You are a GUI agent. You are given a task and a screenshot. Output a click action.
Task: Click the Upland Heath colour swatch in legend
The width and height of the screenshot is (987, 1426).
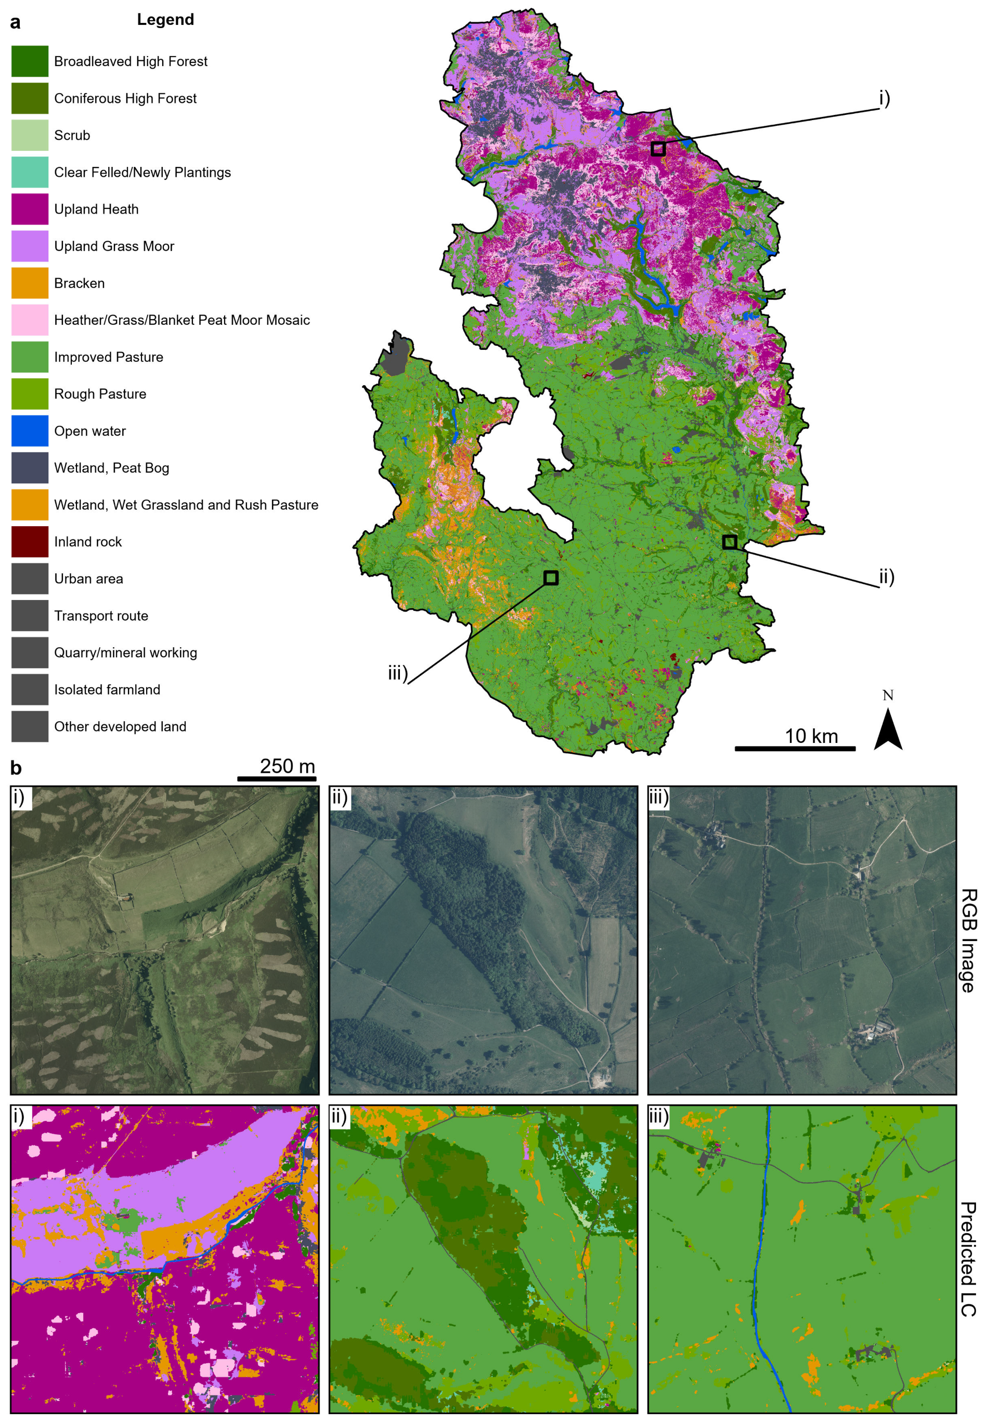click(x=30, y=209)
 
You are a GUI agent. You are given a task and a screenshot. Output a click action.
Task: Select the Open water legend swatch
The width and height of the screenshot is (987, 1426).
click(x=30, y=431)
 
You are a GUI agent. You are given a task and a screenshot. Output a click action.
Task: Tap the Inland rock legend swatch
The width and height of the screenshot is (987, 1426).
click(x=30, y=542)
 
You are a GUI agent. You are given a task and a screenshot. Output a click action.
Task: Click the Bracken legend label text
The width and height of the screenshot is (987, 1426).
click(x=79, y=283)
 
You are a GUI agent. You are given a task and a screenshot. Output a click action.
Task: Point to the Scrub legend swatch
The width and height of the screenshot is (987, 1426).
click(x=30, y=135)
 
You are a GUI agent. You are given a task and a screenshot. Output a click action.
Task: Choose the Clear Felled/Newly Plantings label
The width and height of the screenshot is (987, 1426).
click(x=142, y=173)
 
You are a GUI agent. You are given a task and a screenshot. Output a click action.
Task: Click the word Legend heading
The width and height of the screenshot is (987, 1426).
click(x=165, y=20)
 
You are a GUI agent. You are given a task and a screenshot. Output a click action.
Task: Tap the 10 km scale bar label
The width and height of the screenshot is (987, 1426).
click(x=811, y=736)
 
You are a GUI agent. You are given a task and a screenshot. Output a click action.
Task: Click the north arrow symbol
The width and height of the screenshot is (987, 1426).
click(x=888, y=729)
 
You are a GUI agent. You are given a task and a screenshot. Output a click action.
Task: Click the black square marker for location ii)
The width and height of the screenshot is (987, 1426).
click(x=730, y=542)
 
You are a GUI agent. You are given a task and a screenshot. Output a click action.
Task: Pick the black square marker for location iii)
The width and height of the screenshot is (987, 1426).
click(x=551, y=578)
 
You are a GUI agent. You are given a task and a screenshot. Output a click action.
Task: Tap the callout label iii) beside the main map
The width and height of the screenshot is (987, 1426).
click(x=398, y=673)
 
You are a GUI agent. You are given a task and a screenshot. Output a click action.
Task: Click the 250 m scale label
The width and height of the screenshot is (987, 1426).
click(x=287, y=766)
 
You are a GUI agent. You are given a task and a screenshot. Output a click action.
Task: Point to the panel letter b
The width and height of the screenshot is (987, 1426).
click(x=16, y=768)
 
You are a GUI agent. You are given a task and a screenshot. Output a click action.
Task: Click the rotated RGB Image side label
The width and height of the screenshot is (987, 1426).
click(x=968, y=940)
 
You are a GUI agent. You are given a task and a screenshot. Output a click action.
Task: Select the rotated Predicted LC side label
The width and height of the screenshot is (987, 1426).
click(x=968, y=1259)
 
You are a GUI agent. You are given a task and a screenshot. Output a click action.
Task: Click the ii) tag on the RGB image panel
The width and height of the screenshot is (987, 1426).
click(x=340, y=797)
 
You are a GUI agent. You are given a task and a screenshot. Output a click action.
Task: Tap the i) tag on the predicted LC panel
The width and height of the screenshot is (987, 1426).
click(x=20, y=1116)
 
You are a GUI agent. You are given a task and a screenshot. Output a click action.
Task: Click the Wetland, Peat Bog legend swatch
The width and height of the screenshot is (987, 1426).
click(x=30, y=468)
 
